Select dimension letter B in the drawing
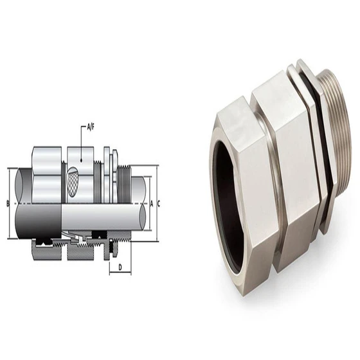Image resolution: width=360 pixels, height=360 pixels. tap(6, 204)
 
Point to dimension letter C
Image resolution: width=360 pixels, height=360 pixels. tap(158, 204)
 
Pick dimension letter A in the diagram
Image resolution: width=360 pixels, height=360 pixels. tap(150, 204)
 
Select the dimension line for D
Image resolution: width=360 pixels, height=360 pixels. tap(120, 272)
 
